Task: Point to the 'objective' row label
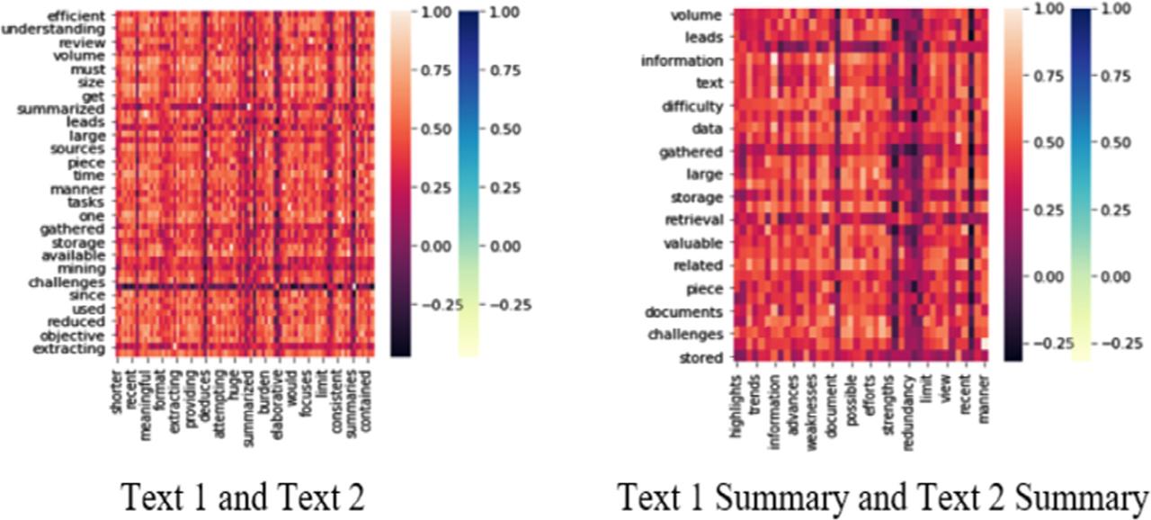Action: (77, 335)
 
